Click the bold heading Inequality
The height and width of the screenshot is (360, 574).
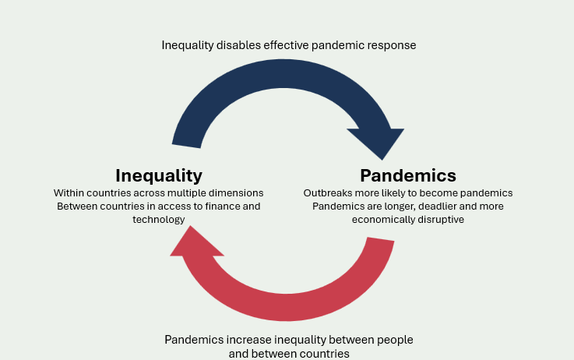click(x=159, y=176)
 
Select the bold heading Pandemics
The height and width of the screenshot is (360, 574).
click(x=408, y=175)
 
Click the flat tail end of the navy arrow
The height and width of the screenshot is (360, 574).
click(x=186, y=146)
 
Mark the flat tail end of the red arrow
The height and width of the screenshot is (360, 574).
click(x=381, y=239)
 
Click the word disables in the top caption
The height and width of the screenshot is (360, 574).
click(x=238, y=45)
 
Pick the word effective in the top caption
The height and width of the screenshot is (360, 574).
click(x=286, y=45)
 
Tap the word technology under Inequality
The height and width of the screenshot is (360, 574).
click(x=159, y=220)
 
